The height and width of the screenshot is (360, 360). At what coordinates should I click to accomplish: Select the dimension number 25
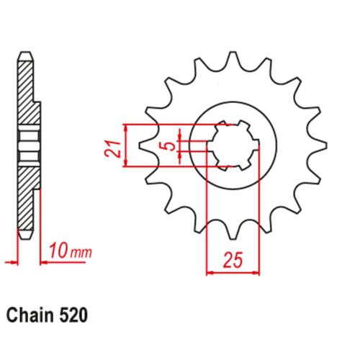click(x=233, y=260)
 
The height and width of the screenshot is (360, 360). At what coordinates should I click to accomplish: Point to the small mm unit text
click(x=81, y=253)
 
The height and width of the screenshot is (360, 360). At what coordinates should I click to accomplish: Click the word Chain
click(x=30, y=315)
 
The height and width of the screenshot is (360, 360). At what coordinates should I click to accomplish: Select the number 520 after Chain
click(x=73, y=315)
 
